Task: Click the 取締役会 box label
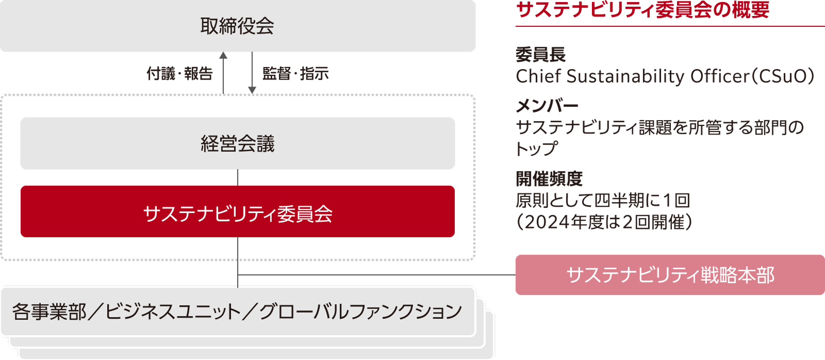[x=237, y=26]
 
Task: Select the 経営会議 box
[x=237, y=143]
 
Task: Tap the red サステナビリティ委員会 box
[x=237, y=212]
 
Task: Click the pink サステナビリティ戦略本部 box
[x=670, y=275]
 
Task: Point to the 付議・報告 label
[x=179, y=74]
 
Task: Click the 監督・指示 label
[x=295, y=74]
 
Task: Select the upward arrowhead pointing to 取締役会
[x=223, y=55]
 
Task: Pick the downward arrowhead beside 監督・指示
[x=252, y=90]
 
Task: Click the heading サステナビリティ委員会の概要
[x=642, y=10]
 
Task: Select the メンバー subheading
[x=547, y=106]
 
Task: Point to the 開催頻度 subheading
[x=549, y=179]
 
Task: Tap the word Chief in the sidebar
[x=539, y=76]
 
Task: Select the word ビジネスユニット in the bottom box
[x=173, y=312]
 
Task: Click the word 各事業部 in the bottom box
[x=49, y=312]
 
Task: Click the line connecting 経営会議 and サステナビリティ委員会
[x=238, y=177]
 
